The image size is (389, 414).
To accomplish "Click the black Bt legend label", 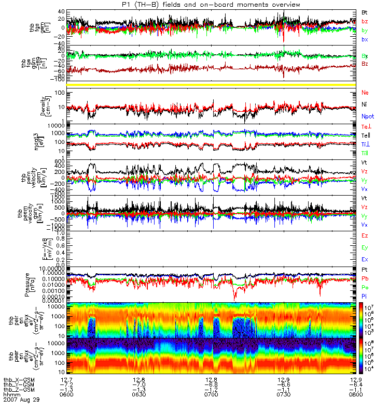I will click(x=365, y=11).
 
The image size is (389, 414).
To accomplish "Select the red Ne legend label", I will click(x=365, y=92).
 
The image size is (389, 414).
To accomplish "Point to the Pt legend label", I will click(x=365, y=270).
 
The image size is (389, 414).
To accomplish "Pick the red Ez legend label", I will click(x=365, y=236).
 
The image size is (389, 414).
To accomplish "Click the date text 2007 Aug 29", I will click(x=21, y=400).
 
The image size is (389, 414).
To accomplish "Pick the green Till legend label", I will click(x=366, y=153).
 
